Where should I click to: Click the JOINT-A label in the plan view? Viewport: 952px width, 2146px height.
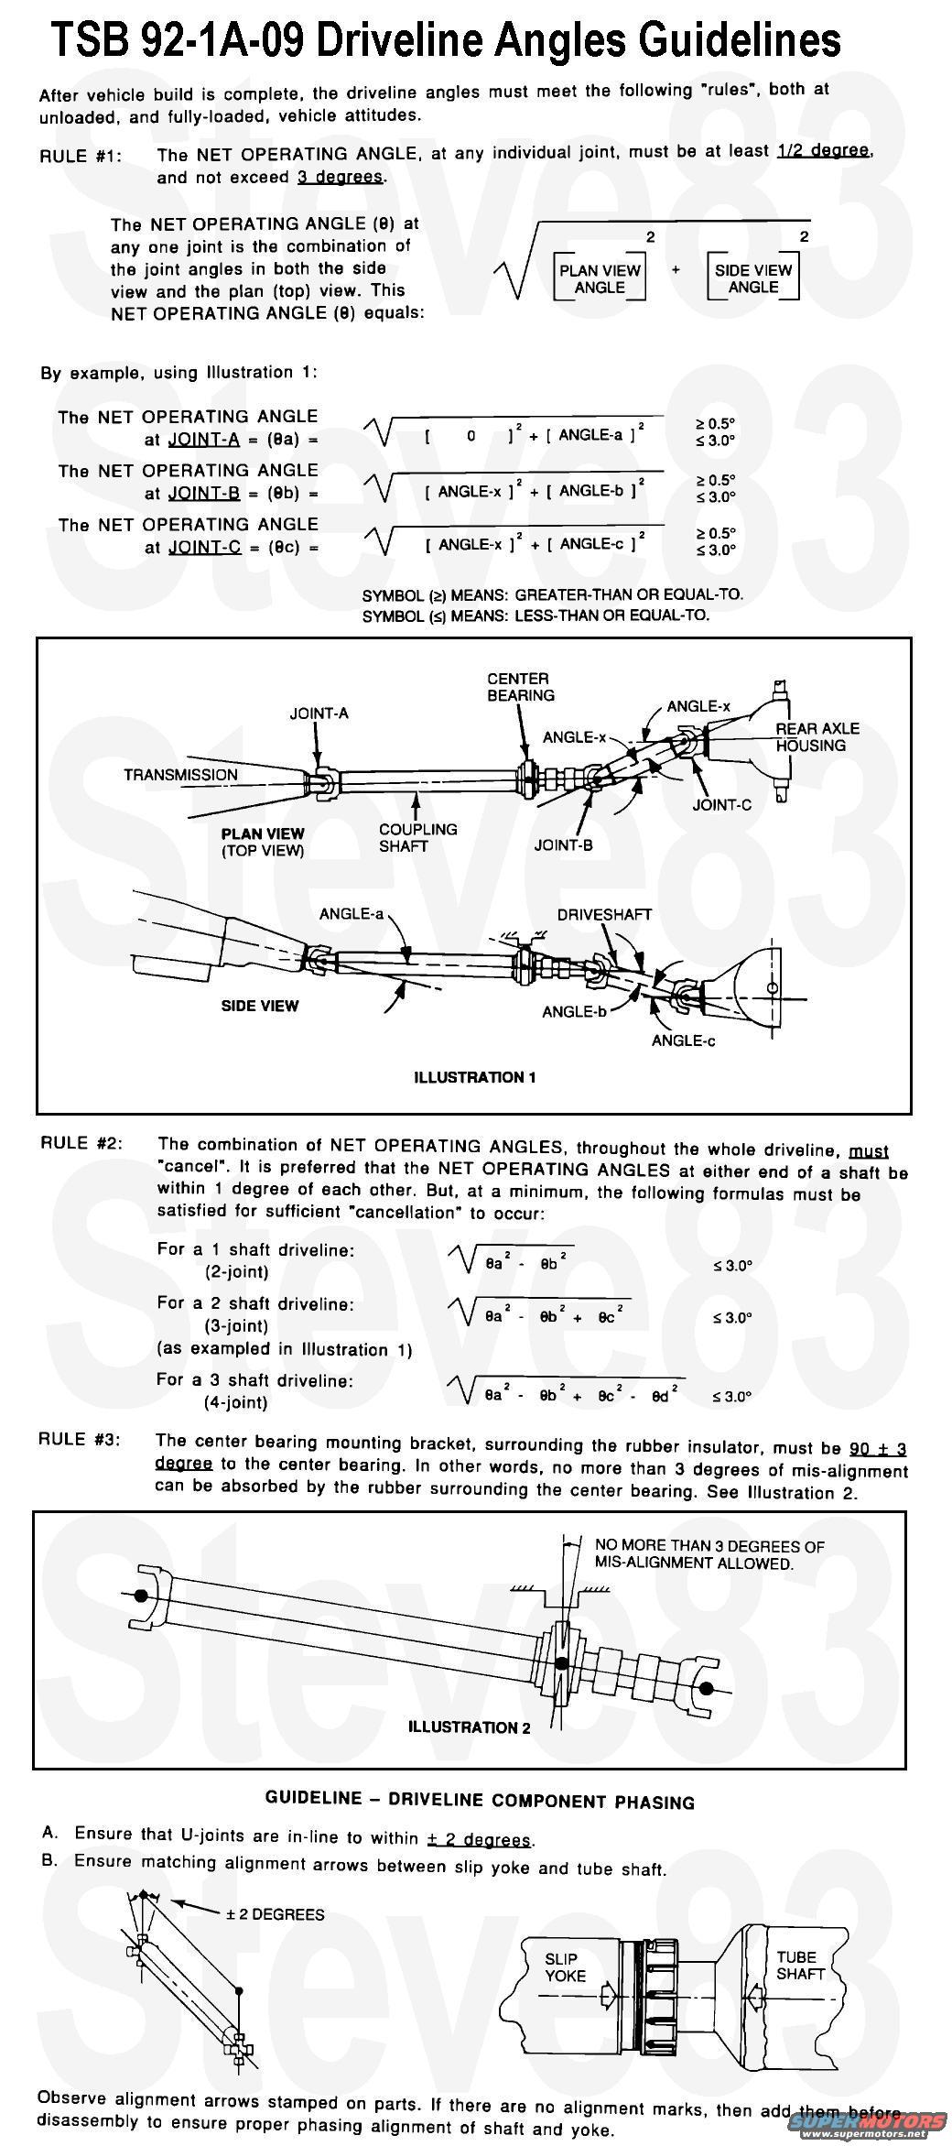[319, 714]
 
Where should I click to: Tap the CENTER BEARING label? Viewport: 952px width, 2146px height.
[520, 687]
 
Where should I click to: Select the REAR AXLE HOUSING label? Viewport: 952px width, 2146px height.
[817, 736]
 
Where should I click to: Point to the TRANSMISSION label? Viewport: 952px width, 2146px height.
[180, 775]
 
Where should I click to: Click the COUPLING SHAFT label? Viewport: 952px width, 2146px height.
[417, 837]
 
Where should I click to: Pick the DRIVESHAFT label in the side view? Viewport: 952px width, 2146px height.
[604, 914]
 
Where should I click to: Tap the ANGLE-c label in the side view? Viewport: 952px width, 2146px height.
[683, 1040]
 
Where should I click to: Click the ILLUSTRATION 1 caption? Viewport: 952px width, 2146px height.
[474, 1077]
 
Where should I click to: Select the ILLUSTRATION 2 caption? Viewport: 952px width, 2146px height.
[469, 1727]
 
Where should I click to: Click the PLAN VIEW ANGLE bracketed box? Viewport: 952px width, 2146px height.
[600, 278]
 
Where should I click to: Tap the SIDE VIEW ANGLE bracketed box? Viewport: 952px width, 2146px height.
[752, 278]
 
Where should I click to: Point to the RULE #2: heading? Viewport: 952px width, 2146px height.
[81, 1143]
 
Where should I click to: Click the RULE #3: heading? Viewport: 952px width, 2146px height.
[80, 1439]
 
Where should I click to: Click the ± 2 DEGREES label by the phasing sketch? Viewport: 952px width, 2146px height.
[275, 1914]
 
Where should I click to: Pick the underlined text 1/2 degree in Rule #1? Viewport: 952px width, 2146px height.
[823, 151]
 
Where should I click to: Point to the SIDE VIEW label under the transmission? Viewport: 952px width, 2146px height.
[260, 1006]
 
